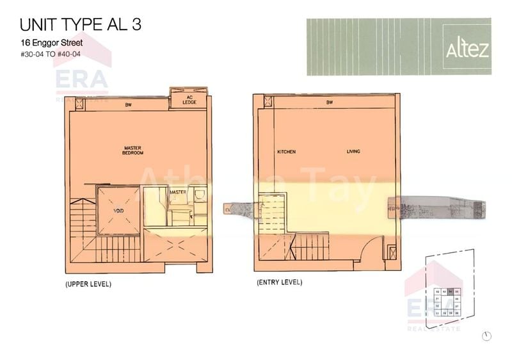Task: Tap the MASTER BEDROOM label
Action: click(133, 151)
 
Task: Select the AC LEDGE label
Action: click(189, 101)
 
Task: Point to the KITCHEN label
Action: click(286, 152)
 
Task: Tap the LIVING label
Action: click(353, 152)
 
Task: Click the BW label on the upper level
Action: click(128, 104)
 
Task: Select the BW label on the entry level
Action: click(330, 102)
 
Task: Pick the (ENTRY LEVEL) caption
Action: click(279, 282)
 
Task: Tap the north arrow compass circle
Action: click(487, 336)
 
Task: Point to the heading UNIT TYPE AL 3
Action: click(81, 25)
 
